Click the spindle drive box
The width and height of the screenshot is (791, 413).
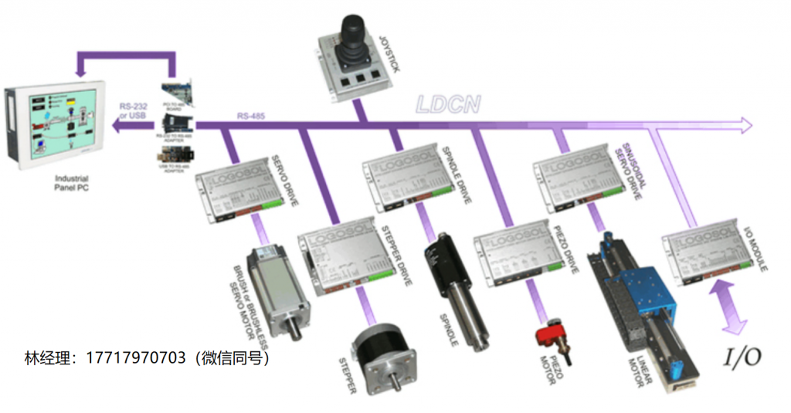[406, 181]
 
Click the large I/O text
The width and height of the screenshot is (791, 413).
[742, 356]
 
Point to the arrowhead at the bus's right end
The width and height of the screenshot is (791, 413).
[745, 123]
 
